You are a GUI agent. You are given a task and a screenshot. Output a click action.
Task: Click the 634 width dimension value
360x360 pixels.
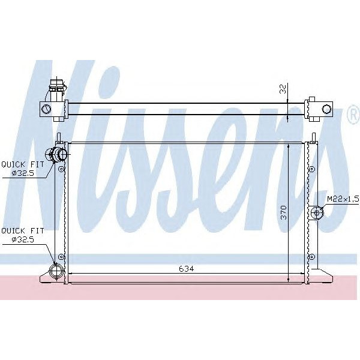point(186,269)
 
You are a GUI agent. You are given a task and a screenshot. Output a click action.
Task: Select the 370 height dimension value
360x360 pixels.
point(284,212)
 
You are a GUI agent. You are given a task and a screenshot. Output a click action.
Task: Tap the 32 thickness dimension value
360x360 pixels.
point(283,89)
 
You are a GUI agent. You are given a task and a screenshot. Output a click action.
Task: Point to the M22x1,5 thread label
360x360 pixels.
point(343,199)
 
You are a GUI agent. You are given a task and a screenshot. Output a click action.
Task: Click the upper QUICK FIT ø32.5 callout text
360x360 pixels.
point(23,169)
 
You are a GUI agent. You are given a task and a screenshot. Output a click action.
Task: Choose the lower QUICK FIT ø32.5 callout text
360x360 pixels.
point(23,235)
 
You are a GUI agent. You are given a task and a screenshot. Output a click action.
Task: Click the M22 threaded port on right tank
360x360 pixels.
point(317,213)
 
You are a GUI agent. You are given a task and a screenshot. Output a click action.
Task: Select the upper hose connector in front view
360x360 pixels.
point(56,154)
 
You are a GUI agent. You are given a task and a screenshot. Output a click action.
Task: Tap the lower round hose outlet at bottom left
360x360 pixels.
point(56,271)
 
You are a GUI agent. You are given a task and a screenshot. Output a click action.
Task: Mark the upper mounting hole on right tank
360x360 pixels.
point(312,169)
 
